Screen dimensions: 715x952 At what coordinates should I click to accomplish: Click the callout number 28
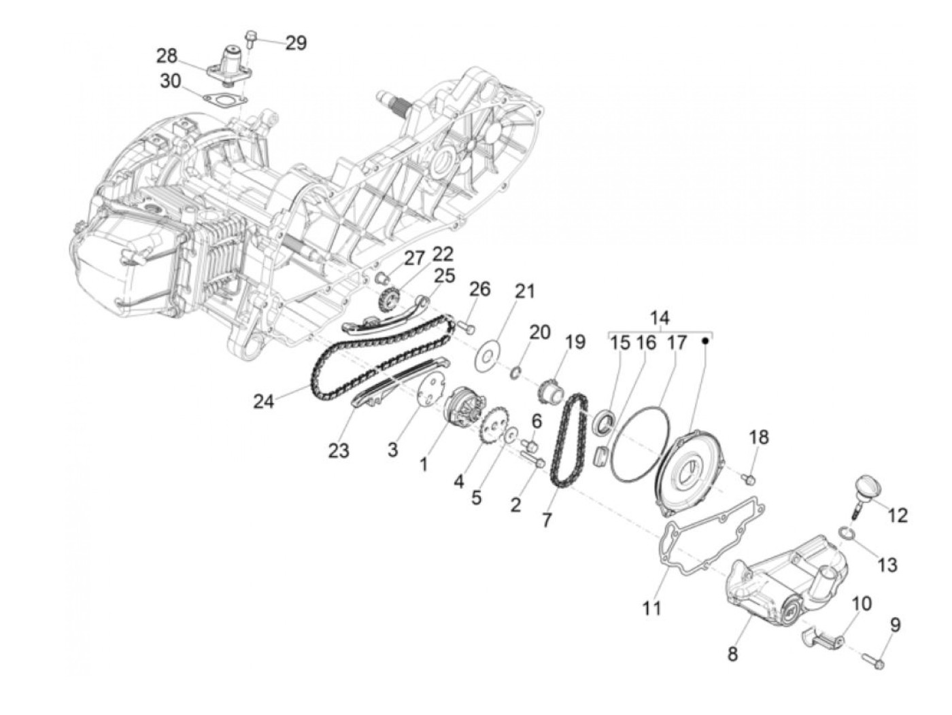coord(167,54)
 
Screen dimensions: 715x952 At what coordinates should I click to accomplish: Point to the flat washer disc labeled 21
coord(487,354)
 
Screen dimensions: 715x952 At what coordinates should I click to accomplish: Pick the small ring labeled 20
coord(516,372)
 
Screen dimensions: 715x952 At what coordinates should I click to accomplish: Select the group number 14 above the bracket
coord(659,318)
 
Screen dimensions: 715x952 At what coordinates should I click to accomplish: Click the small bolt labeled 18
coord(748,480)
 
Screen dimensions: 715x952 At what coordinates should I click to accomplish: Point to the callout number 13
coord(887,564)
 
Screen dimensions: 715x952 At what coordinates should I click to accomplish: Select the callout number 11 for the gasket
coord(652,607)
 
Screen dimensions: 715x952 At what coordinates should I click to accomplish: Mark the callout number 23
coord(338,450)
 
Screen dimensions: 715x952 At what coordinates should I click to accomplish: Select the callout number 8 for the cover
coord(732,655)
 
